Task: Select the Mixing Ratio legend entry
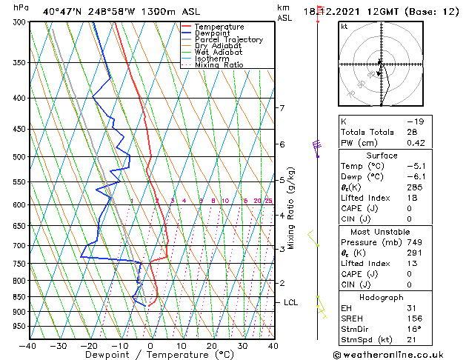[219, 65]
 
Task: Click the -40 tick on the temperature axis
[28, 346]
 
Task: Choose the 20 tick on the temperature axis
[212, 346]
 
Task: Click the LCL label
[290, 302]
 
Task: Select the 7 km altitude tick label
[282, 108]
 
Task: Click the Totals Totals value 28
[412, 132]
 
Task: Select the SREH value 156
[413, 318]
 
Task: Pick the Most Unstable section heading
[381, 232]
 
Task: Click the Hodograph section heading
[381, 297]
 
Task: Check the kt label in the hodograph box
[344, 27]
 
